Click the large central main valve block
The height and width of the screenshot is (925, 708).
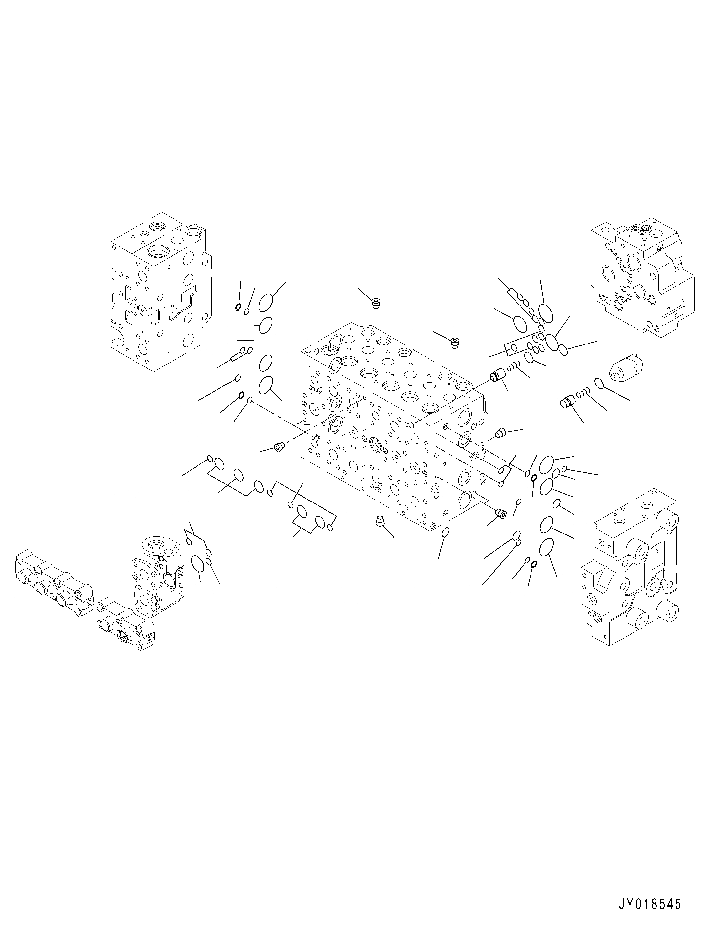tap(392, 425)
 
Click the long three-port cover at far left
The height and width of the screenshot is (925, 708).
tap(53, 586)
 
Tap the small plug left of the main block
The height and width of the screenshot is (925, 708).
tap(279, 447)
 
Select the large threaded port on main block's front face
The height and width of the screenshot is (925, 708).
tap(376, 443)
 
